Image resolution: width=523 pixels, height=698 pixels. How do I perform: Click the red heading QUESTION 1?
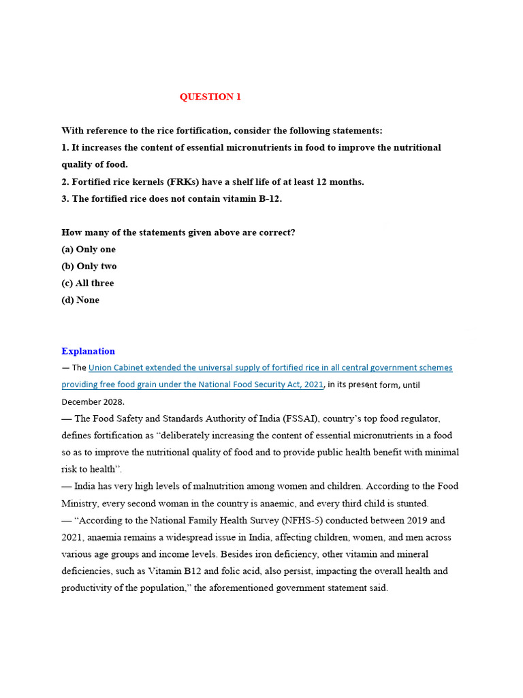[210, 97]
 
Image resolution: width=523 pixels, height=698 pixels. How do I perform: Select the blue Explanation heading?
[88, 351]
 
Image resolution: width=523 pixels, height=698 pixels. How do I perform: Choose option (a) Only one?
[89, 249]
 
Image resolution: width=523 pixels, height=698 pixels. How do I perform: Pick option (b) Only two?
[89, 267]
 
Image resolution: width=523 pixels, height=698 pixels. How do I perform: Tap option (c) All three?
[88, 284]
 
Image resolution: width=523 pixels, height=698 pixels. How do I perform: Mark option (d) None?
[80, 301]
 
